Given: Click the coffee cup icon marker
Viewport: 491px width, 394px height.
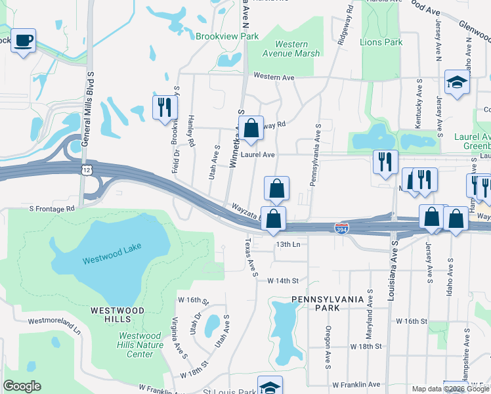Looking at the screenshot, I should tap(24, 41).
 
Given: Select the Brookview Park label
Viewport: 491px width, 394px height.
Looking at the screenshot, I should tap(227, 37).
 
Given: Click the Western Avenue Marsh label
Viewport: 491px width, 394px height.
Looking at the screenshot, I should tap(291, 49).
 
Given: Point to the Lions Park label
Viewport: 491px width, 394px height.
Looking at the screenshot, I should tap(381, 42).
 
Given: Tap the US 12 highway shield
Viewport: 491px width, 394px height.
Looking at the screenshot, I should tap(87, 169).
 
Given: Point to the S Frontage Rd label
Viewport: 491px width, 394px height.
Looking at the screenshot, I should tap(52, 208).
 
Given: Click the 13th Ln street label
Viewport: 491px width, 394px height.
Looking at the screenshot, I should tap(288, 244).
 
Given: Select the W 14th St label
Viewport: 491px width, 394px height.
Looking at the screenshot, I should tap(283, 280).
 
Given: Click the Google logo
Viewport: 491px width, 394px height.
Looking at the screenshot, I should tap(22, 386).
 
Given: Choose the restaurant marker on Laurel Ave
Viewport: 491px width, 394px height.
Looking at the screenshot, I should tap(385, 161).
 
